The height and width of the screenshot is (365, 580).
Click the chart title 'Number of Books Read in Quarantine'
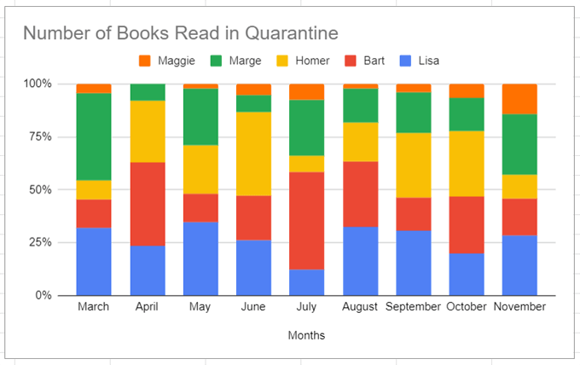(x=180, y=33)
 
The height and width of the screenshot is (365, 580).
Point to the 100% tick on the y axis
(x=38, y=84)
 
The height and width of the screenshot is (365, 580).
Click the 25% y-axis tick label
(x=40, y=242)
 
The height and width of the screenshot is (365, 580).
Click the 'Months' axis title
(x=305, y=335)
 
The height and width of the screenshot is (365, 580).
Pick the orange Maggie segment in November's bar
(x=519, y=99)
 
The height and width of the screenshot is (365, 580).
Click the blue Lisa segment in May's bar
(x=200, y=258)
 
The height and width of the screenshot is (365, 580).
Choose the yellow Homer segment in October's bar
(x=466, y=163)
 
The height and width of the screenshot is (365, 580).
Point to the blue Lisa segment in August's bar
(x=360, y=260)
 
